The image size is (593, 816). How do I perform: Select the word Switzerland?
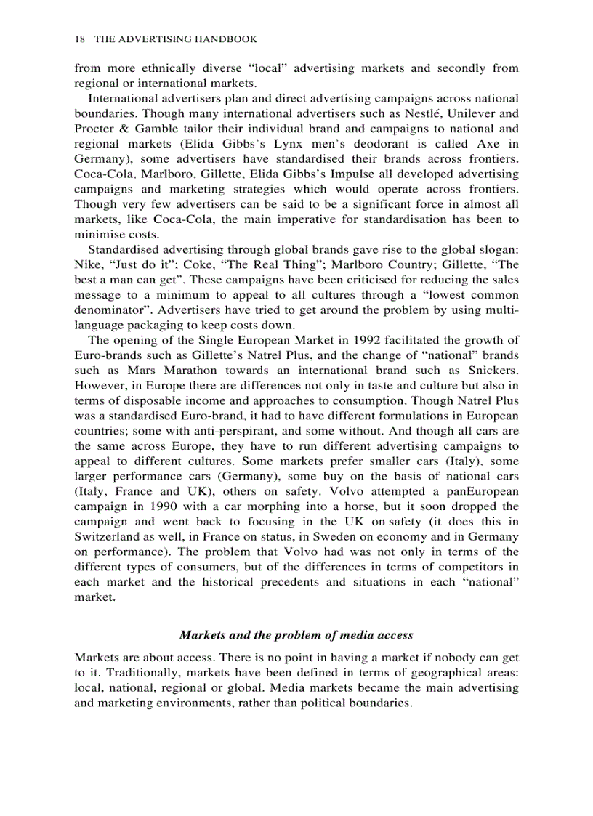point(109,537)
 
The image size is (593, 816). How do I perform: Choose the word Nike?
point(88,264)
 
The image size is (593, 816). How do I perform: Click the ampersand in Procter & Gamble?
point(121,129)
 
